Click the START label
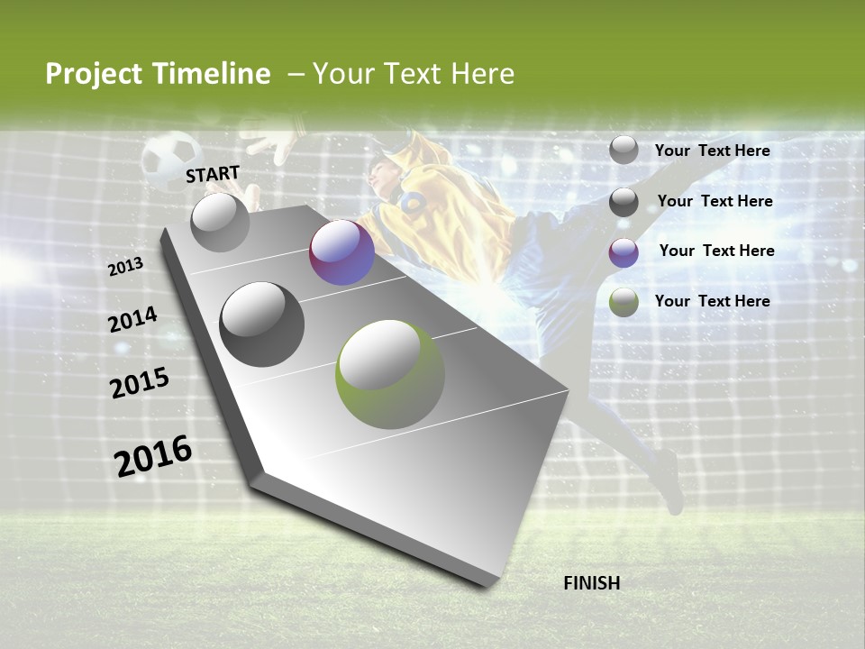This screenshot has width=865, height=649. pos(213,174)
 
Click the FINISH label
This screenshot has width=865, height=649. pos(591,583)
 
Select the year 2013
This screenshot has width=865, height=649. pos(126,267)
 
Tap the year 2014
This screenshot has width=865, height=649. pos(132,320)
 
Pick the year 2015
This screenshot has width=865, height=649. pos(140,383)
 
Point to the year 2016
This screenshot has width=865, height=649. pos(153,456)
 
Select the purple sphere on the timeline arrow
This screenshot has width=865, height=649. pos(341,252)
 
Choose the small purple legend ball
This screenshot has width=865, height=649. pos(624,252)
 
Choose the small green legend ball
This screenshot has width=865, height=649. pos(624,302)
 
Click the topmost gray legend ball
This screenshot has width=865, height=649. pos(624,150)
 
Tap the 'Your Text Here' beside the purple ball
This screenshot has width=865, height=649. pos(716,251)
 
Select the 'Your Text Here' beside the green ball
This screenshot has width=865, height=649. pos(712,301)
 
